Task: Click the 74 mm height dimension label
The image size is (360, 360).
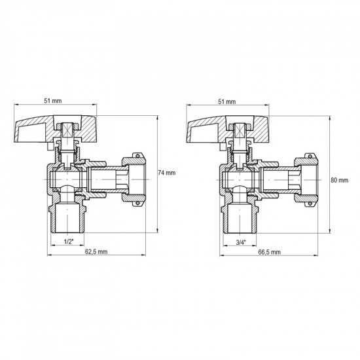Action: point(168,173)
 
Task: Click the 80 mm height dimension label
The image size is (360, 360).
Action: point(340,181)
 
